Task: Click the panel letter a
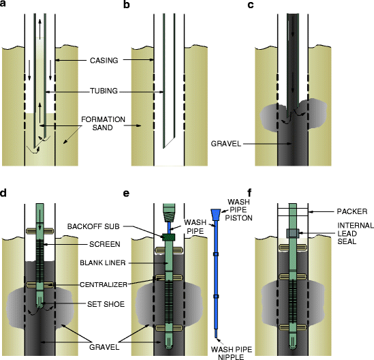[5, 5]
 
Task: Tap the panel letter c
[252, 5]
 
